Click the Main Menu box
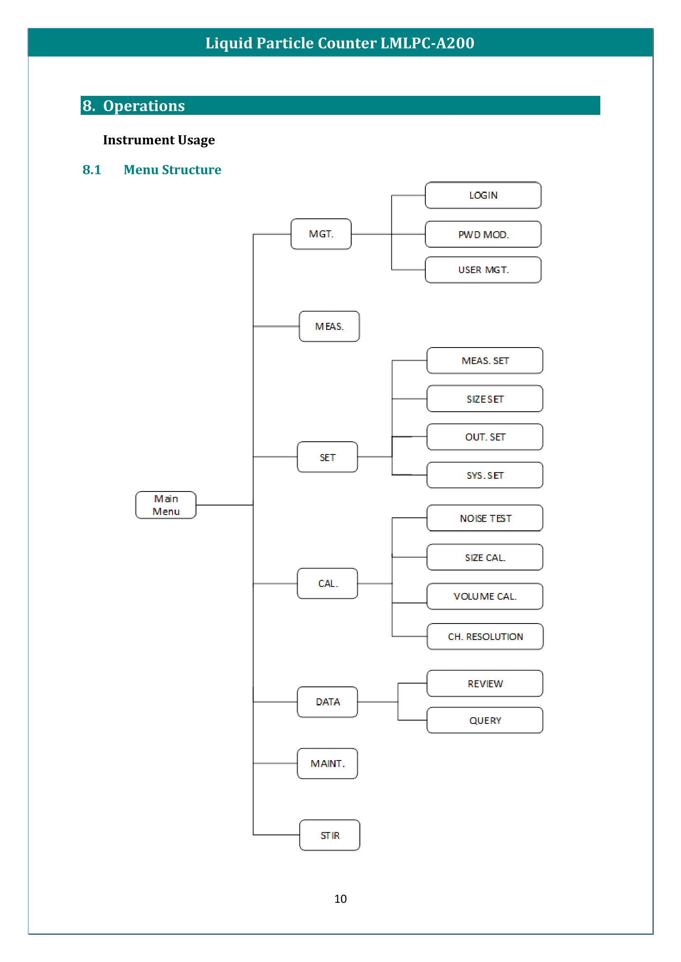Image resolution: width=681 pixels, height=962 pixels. tap(166, 505)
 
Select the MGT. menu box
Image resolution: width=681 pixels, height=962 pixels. tap(321, 234)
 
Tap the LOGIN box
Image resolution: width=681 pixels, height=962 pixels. tap(483, 195)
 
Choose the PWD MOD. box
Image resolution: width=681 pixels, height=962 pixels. tap(483, 234)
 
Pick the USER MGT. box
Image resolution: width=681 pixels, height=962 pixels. tap(483, 270)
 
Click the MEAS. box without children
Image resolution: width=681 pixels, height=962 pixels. tap(329, 327)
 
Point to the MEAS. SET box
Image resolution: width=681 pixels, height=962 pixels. tap(485, 360)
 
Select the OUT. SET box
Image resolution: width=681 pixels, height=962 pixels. tap(485, 437)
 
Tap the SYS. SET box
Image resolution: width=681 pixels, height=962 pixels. tap(485, 475)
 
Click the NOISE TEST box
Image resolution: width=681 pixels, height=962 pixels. tap(485, 518)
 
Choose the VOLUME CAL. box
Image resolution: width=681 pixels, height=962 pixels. tap(485, 596)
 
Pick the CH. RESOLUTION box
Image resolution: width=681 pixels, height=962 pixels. tap(485, 636)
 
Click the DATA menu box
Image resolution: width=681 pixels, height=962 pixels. tap(327, 702)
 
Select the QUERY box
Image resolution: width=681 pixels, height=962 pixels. tap(485, 720)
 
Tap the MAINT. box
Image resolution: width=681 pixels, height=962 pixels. tap(327, 763)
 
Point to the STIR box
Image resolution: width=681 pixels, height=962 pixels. tap(330, 835)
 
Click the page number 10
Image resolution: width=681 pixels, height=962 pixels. tap(340, 899)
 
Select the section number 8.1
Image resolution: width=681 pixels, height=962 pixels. tap(92, 170)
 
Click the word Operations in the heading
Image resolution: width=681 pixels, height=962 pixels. tap(144, 106)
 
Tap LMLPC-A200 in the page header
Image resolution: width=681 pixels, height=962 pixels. tap(427, 43)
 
